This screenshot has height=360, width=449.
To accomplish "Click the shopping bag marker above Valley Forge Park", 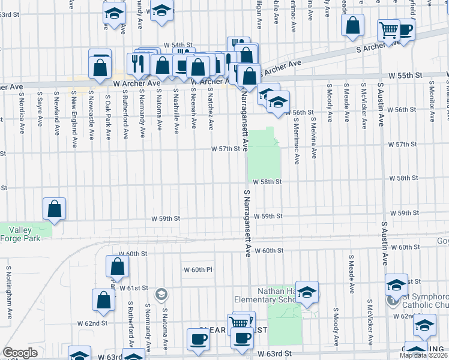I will (x=55, y=209).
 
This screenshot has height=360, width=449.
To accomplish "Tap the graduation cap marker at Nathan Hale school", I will (x=307, y=292).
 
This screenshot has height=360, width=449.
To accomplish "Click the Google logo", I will (x=20, y=353).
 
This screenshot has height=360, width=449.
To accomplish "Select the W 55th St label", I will (x=405, y=76).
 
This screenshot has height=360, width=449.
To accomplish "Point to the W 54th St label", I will (x=178, y=46).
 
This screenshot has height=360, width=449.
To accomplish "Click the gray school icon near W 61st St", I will (x=161, y=294).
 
